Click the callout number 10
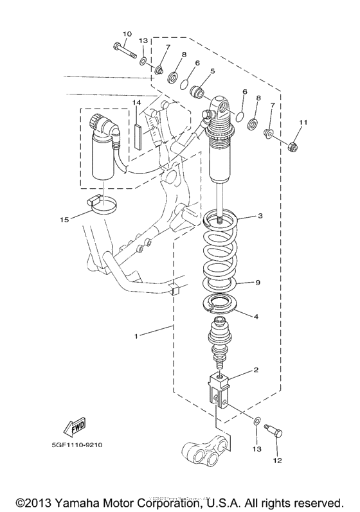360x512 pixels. pyautogui.click(x=126, y=33)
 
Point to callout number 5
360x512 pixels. pyautogui.click(x=212, y=71)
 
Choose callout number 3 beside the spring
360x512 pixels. pyautogui.click(x=260, y=216)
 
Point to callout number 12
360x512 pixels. pyautogui.click(x=278, y=460)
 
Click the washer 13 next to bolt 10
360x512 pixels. pyautogui.click(x=143, y=61)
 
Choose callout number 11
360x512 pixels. pyautogui.click(x=303, y=121)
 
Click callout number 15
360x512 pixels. pyautogui.click(x=64, y=220)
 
